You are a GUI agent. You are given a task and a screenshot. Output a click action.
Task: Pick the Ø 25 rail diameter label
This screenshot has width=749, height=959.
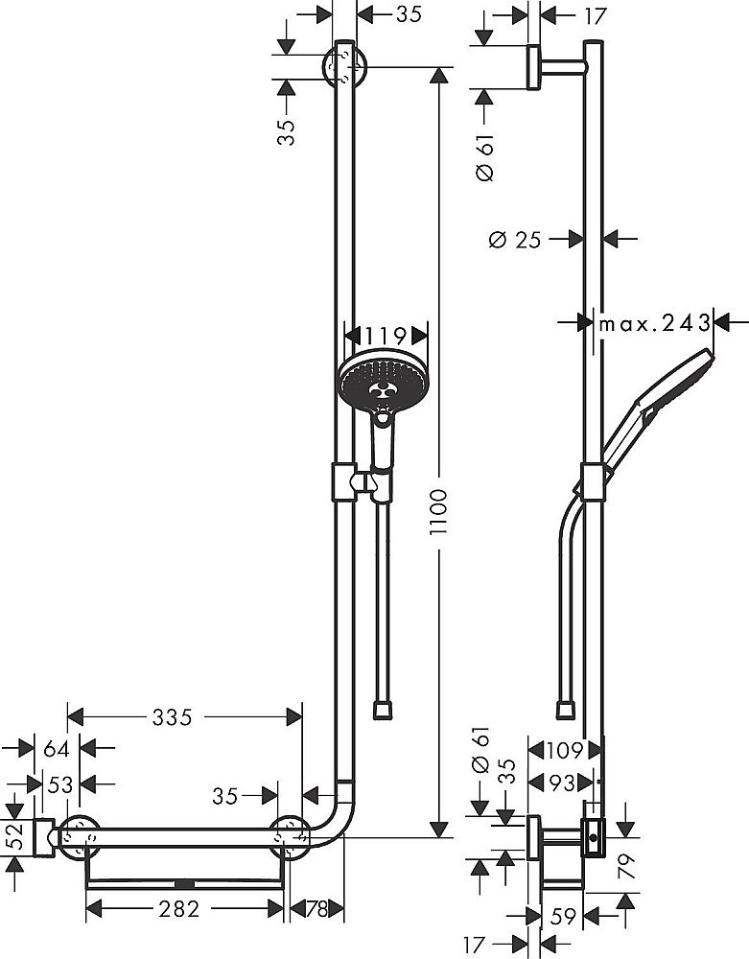[x=515, y=239]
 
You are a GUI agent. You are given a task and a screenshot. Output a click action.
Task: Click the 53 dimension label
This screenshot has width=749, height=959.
[x=60, y=784]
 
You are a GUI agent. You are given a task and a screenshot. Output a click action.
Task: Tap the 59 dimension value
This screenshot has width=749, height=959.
[x=564, y=917]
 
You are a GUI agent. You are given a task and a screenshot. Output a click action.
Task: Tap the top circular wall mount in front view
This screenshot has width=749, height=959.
[x=345, y=66]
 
